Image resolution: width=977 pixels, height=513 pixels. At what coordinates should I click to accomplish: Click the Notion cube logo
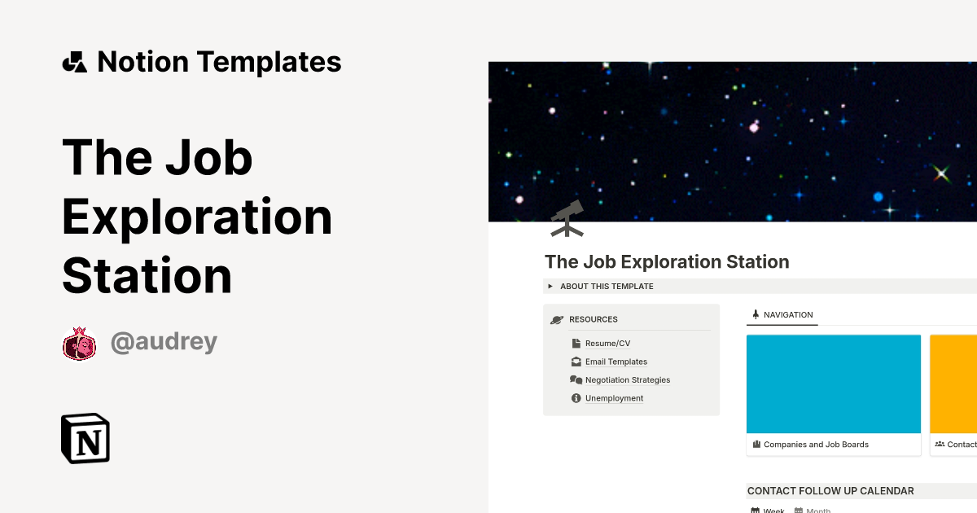click(85, 438)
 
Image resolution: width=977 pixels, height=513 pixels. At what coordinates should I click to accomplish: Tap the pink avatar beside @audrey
click(79, 343)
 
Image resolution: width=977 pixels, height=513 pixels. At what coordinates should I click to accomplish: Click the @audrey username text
click(164, 342)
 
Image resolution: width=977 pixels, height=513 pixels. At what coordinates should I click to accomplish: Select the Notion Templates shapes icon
click(74, 62)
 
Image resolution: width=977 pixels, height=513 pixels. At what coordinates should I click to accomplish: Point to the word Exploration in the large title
click(197, 217)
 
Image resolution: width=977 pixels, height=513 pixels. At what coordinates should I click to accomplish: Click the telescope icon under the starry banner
click(567, 218)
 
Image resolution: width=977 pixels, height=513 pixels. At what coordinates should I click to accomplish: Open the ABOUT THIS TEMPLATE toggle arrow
click(550, 287)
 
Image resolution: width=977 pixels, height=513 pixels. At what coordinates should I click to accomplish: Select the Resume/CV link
click(607, 344)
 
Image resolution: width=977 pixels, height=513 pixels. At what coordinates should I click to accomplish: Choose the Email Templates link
click(616, 362)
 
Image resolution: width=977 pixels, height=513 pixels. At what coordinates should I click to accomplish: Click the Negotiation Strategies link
click(627, 380)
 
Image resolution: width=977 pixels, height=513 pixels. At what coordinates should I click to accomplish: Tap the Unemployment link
click(614, 398)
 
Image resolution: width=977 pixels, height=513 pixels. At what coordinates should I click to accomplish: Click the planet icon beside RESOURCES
click(557, 320)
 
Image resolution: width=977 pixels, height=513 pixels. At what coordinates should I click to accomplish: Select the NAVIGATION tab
click(787, 314)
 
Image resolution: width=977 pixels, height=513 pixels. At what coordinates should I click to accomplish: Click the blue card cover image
click(833, 384)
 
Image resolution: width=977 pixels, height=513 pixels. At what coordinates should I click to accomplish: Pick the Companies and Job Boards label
click(816, 445)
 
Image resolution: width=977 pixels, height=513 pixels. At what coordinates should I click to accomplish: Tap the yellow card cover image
click(953, 384)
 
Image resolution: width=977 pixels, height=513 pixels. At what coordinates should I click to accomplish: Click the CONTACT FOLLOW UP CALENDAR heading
click(830, 491)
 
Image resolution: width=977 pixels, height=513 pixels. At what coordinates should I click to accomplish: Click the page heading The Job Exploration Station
click(667, 262)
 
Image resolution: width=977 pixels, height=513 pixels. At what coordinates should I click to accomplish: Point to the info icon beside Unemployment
click(576, 398)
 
